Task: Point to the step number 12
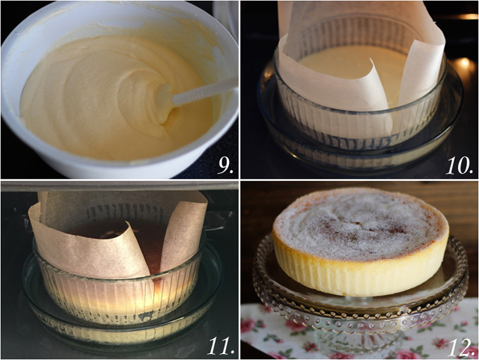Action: click(x=460, y=345)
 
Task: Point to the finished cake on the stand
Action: click(x=359, y=240)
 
